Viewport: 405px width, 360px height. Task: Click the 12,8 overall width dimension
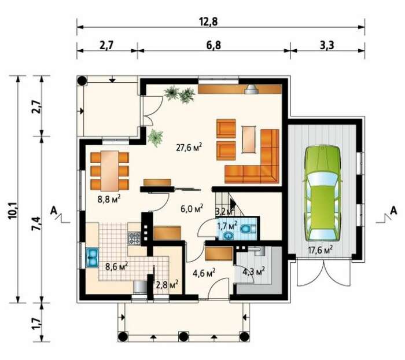tap(208, 22)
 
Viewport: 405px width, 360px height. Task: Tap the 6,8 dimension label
tap(213, 46)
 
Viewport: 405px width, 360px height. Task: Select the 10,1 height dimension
tap(13, 211)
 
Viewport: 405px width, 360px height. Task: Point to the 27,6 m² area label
tap(189, 148)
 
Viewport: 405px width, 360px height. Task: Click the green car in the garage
tap(322, 193)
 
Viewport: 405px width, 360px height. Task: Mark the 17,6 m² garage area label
tap(320, 250)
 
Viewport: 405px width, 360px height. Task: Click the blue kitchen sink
tap(92, 258)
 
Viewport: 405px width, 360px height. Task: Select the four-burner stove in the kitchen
tap(134, 238)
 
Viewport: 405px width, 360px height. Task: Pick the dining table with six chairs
tap(110, 171)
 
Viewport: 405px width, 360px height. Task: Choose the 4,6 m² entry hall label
tap(204, 273)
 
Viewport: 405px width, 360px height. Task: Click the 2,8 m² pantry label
tap(167, 285)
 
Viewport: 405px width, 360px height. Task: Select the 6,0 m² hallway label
tap(192, 208)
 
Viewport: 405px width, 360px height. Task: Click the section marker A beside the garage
tap(393, 211)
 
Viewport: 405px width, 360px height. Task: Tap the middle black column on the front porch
tap(183, 337)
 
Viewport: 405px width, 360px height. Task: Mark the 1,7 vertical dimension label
tap(36, 323)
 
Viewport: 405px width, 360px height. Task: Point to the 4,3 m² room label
tap(253, 271)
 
